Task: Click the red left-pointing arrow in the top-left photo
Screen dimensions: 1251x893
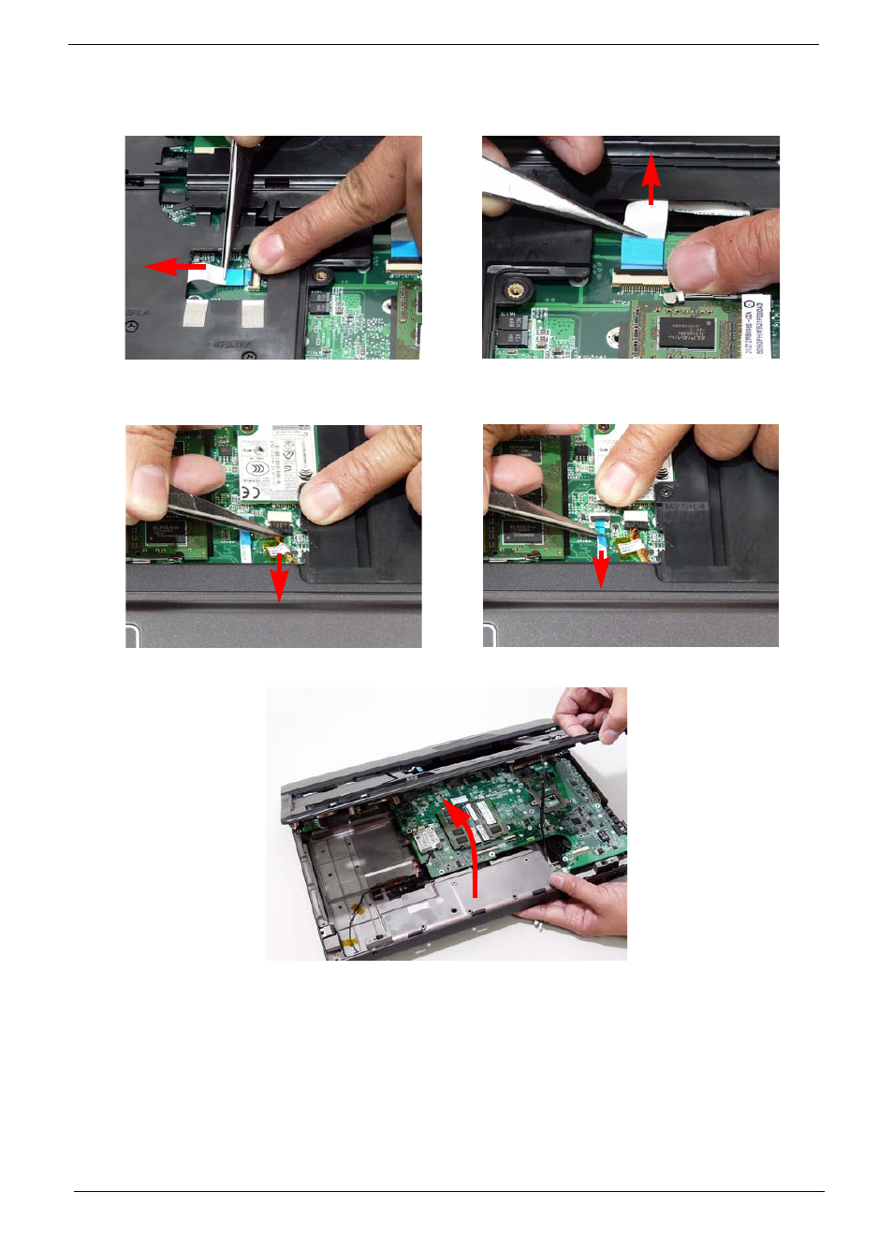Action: [x=174, y=268]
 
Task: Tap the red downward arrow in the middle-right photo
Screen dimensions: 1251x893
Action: [x=601, y=568]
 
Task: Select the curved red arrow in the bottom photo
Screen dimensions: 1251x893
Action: [x=468, y=843]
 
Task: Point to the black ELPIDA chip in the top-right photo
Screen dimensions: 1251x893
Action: [x=688, y=331]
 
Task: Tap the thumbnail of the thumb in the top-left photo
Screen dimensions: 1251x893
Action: [x=270, y=248]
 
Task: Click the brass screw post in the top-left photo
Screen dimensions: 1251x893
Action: [x=321, y=276]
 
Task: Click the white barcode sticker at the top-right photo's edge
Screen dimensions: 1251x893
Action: [x=756, y=326]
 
